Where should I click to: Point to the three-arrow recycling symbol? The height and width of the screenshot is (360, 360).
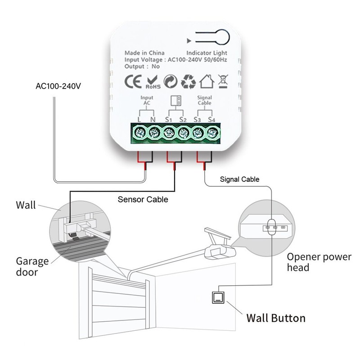click(x=188, y=82)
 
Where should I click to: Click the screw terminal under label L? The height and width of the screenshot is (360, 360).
click(x=139, y=133)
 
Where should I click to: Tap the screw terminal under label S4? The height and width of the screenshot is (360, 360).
click(x=212, y=133)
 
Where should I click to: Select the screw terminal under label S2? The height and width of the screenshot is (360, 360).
click(x=183, y=133)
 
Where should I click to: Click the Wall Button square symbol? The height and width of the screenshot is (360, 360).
click(x=218, y=297)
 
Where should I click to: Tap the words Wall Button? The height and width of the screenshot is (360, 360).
click(x=275, y=318)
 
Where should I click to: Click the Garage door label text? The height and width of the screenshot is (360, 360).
click(x=32, y=266)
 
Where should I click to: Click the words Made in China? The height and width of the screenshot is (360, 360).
click(x=144, y=53)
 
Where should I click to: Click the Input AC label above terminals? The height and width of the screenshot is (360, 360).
click(x=147, y=100)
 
